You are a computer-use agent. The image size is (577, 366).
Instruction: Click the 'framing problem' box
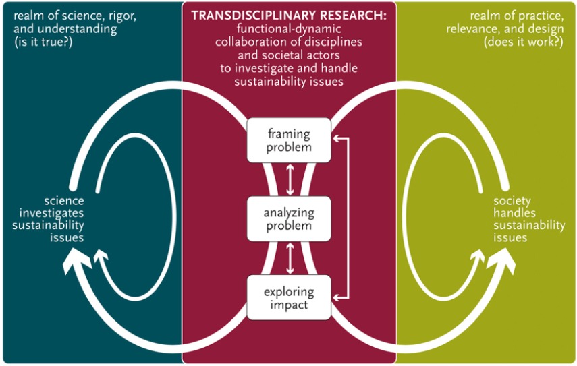click(289, 140)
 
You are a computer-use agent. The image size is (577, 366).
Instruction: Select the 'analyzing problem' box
click(289, 218)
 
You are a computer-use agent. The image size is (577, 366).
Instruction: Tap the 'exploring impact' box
click(289, 297)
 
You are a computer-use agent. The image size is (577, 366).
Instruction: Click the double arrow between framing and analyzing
click(290, 179)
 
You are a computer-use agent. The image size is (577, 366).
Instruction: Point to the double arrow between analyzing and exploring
click(290, 258)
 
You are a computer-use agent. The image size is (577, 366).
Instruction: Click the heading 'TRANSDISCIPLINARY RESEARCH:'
click(289, 15)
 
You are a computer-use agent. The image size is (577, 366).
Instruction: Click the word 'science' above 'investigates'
click(64, 201)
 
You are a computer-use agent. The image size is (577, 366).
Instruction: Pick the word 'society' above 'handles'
click(512, 201)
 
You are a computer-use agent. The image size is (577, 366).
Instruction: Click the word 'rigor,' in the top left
click(119, 15)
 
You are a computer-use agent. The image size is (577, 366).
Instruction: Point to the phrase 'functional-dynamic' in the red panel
click(289, 28)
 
